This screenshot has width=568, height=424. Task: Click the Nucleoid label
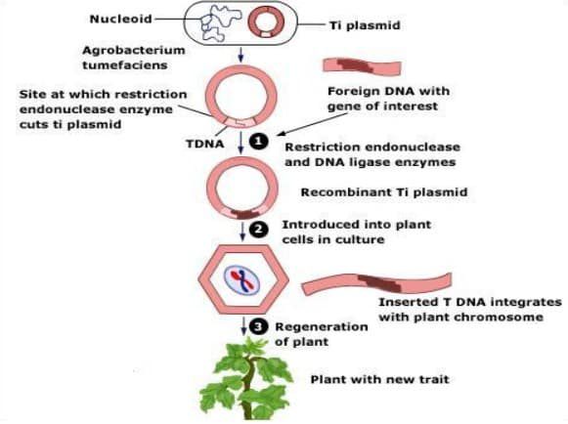click(x=120, y=19)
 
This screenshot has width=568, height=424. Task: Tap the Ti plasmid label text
click(x=365, y=25)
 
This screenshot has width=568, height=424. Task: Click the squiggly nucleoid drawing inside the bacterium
click(x=221, y=22)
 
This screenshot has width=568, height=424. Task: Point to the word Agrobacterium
click(x=134, y=50)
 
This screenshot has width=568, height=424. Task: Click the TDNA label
click(x=205, y=144)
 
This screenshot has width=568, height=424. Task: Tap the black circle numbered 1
click(x=259, y=142)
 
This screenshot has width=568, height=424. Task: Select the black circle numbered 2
click(x=259, y=230)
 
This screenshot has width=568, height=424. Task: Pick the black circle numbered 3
click(x=258, y=327)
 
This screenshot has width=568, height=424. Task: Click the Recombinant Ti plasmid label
click(x=384, y=191)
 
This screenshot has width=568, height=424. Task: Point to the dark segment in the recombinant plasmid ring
click(x=245, y=214)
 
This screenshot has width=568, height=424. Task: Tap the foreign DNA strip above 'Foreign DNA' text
click(x=363, y=67)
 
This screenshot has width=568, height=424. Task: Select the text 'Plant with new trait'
click(x=380, y=379)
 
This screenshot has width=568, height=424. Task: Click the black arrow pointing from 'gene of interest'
click(x=312, y=124)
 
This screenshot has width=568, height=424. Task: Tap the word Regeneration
click(x=322, y=327)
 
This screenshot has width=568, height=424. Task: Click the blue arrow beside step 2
click(x=242, y=232)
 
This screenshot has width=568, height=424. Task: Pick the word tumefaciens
click(x=125, y=65)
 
